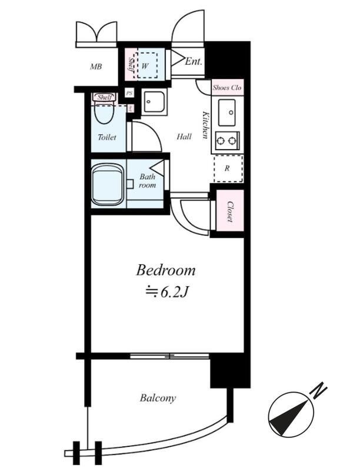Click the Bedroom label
166,270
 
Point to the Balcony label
158,399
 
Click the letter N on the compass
319,390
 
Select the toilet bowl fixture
104,112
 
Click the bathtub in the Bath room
108,184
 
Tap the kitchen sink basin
227,112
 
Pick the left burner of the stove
221,141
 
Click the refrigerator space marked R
228,168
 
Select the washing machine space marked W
146,65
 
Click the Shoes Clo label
227,88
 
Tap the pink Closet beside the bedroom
230,211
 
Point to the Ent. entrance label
193,62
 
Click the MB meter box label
96,67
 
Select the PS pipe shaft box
129,93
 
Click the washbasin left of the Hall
154,102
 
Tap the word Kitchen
206,125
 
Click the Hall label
184,137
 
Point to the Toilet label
107,137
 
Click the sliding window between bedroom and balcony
170,356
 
